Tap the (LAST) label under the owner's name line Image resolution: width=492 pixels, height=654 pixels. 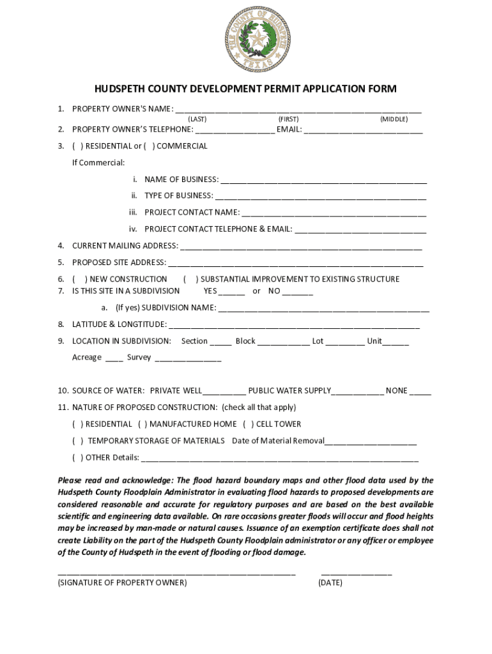point(197,119)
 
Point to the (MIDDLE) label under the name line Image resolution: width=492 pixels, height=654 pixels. point(394,119)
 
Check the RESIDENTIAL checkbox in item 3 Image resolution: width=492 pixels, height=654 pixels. point(78,146)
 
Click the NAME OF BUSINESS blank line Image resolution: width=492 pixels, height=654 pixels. point(323,182)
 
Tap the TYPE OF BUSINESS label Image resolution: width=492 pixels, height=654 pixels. point(178,196)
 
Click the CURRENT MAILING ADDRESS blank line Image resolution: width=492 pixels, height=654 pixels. point(301,248)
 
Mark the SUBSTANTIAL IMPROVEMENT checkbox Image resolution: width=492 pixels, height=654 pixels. point(190,279)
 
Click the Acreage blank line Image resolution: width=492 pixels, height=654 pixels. point(114,360)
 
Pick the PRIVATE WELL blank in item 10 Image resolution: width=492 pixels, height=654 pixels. point(224,393)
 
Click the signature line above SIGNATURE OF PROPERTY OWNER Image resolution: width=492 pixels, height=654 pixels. point(176,574)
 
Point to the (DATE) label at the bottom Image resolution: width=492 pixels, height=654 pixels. point(330,583)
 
